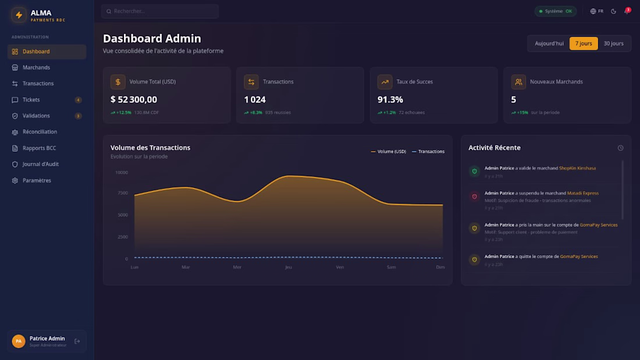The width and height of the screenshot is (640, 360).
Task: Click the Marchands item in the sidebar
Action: (36, 67)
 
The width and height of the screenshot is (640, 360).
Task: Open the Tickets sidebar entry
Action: (31, 100)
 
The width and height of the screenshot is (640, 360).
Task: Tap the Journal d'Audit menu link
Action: (40, 165)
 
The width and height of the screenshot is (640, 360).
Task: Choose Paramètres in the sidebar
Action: (37, 181)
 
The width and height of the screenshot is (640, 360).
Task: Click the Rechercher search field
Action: (160, 11)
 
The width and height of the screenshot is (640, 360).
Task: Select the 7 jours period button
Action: (584, 44)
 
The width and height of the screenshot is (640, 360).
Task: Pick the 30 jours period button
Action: (613, 44)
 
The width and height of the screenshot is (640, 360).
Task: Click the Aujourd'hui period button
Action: (549, 44)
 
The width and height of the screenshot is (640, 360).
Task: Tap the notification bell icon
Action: (627, 11)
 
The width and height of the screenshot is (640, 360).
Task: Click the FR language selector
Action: (597, 11)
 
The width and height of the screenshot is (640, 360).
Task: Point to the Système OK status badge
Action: (556, 11)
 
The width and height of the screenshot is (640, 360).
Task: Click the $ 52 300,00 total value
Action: (134, 99)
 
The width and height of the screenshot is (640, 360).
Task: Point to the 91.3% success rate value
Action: (390, 99)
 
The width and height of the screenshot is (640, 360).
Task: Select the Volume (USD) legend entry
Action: (389, 152)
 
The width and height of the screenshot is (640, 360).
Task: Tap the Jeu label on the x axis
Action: (288, 267)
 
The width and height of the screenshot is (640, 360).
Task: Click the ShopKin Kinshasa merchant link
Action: (577, 168)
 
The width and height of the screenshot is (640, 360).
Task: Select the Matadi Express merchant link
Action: (582, 193)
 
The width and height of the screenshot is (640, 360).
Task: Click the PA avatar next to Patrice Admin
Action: (19, 341)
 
